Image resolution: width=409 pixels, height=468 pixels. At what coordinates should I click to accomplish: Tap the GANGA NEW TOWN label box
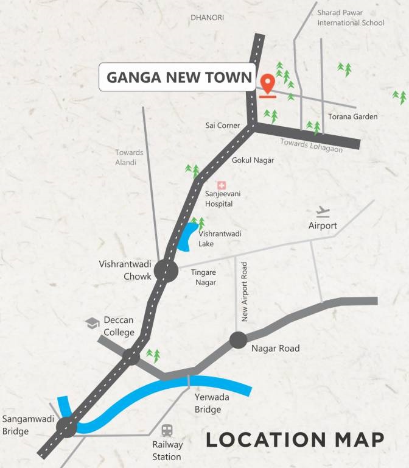178,77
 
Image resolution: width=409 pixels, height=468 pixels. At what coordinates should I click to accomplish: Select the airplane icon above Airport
323,212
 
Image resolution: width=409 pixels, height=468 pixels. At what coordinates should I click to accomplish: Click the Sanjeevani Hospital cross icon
222,185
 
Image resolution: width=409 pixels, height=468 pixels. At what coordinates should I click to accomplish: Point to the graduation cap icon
93,323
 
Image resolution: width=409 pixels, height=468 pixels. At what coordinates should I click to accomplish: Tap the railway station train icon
167,430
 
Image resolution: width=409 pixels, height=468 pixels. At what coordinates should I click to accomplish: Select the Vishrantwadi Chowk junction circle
166,271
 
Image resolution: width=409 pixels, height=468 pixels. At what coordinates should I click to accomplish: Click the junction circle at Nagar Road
237,340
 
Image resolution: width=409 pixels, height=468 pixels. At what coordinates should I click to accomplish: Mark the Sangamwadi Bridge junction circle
67,427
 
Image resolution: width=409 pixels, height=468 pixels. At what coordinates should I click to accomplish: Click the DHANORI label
207,18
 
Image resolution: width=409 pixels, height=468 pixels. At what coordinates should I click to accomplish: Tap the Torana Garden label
353,116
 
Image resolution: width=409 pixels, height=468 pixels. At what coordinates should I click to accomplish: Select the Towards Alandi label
130,157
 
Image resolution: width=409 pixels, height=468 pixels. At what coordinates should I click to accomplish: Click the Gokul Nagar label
253,160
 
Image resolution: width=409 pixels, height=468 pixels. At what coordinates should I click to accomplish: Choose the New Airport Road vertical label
245,292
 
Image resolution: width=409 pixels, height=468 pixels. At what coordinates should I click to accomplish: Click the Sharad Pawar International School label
351,17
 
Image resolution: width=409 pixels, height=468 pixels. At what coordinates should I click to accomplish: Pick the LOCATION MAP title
295,440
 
